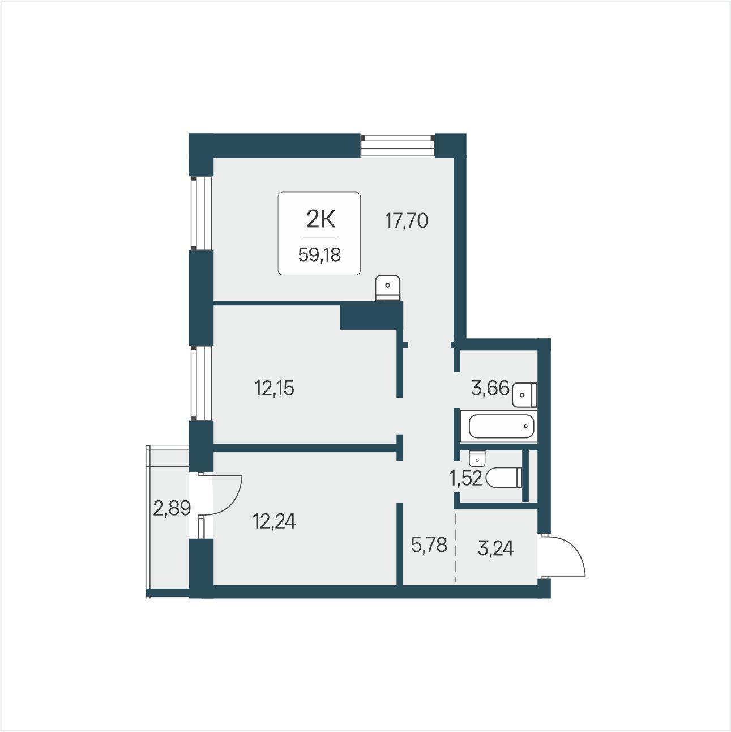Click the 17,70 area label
[407, 221]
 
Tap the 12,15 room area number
[274, 389]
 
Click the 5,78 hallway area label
[429, 545]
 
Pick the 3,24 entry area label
[496, 548]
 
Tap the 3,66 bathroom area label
[490, 388]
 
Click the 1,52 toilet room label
[465, 478]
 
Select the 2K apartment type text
[320, 220]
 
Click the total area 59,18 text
[319, 254]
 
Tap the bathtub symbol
[499, 426]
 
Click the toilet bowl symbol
[504, 478]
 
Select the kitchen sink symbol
[388, 288]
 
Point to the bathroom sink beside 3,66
[524, 395]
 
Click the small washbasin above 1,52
[477, 458]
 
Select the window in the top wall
[397, 146]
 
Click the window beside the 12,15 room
[201, 383]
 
